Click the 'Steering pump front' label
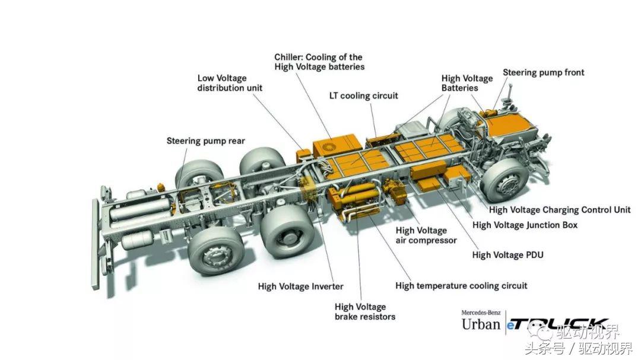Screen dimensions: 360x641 (x=543, y=73)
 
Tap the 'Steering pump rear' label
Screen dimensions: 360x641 (x=205, y=141)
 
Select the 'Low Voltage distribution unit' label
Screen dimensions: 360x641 (x=230, y=83)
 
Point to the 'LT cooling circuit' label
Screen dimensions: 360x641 (x=363, y=95)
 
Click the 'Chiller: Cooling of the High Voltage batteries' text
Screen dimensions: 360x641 (x=319, y=62)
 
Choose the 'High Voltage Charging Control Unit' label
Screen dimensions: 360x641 (x=559, y=210)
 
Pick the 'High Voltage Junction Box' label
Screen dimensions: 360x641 (x=524, y=225)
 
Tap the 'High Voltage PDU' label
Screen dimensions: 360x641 (x=507, y=255)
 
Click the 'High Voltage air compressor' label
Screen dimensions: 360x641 (x=426, y=235)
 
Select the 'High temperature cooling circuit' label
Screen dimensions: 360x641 (x=461, y=286)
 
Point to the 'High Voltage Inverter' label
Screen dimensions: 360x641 (x=300, y=286)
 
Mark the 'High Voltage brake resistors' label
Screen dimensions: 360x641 (x=364, y=311)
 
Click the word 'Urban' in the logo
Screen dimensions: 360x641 (x=481, y=324)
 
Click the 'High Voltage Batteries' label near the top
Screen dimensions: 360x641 (x=467, y=83)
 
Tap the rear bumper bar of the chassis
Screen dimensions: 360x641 (x=96, y=243)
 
